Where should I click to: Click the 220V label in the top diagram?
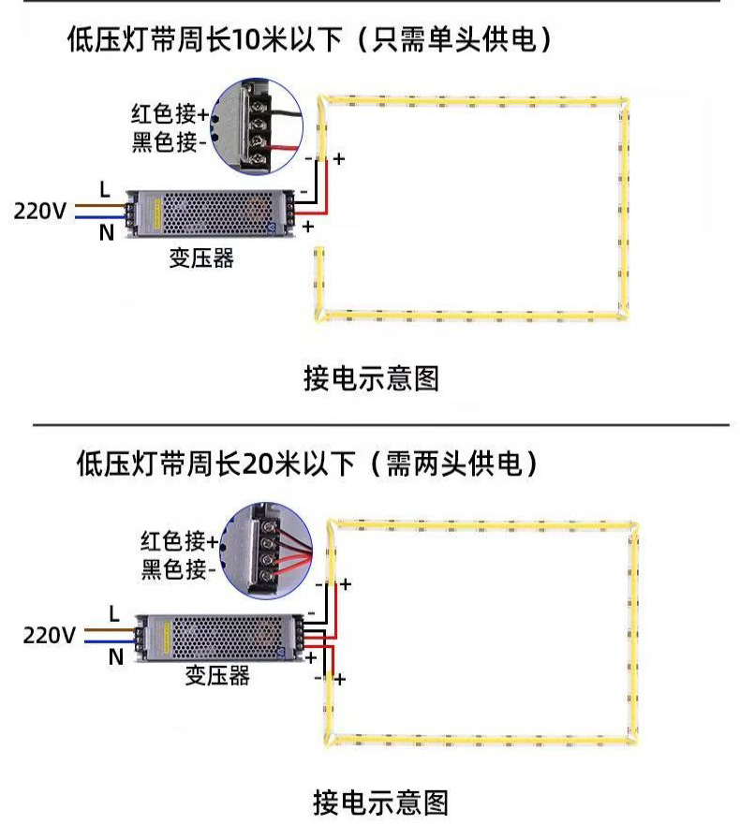click(39, 210)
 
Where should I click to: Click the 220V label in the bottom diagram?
click(49, 636)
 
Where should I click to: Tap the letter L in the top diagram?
click(105, 189)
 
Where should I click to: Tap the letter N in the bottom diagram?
click(115, 657)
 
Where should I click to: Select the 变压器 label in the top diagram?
click(200, 258)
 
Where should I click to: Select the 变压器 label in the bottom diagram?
click(216, 675)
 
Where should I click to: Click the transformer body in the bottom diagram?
click(219, 636)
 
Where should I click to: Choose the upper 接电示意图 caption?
click(371, 378)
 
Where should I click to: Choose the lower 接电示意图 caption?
click(380, 802)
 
